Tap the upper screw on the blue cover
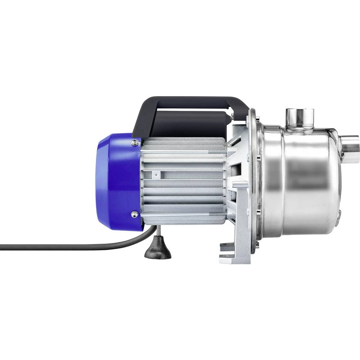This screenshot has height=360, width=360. (x=135, y=143)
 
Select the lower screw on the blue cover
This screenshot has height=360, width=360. (x=135, y=215)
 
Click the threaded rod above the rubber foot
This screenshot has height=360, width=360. (x=157, y=232)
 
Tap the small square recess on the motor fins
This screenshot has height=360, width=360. (x=156, y=173)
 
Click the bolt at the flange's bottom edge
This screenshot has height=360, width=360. (x=257, y=245)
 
